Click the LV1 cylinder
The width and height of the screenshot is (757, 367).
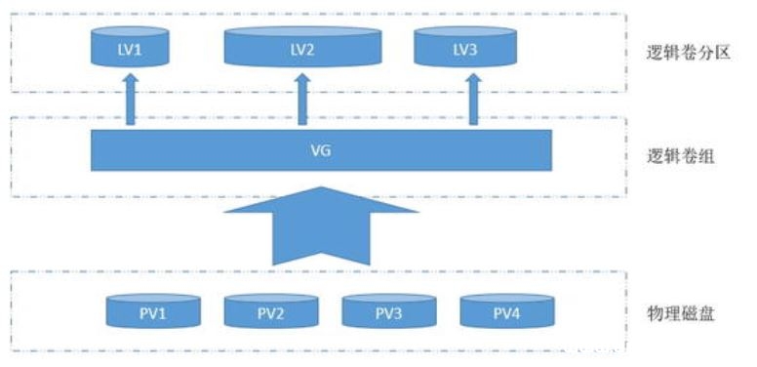[x=130, y=46]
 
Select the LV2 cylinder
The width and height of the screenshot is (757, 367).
[x=302, y=46]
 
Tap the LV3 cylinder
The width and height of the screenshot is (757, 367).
[x=465, y=46]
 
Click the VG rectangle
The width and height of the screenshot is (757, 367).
[x=321, y=150]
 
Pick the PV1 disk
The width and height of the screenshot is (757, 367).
[x=153, y=311]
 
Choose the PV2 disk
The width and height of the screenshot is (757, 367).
[x=271, y=311]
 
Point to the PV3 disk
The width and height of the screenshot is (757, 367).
[x=389, y=311]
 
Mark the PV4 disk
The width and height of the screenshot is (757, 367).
[x=507, y=311]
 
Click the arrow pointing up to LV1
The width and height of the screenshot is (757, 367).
[x=131, y=102]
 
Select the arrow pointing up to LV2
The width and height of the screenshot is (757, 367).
[x=302, y=102]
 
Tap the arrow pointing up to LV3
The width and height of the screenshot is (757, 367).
[x=474, y=102]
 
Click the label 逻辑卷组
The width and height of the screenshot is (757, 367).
[x=681, y=155]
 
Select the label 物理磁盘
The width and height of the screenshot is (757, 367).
[x=681, y=313]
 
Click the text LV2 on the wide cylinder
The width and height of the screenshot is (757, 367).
[x=302, y=50]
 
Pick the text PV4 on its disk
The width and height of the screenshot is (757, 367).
[x=507, y=313]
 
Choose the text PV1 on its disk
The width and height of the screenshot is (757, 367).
[x=153, y=313]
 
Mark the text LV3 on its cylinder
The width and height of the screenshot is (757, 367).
[x=465, y=50]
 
